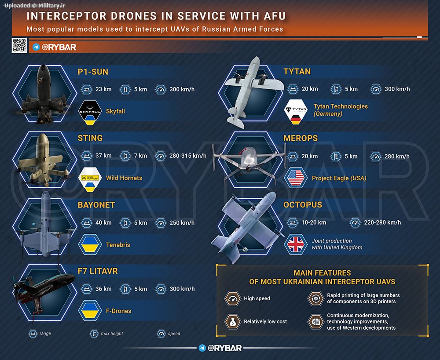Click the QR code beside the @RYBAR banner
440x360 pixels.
(x=19, y=45)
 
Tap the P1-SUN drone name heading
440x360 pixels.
(x=93, y=72)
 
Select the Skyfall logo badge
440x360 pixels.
(x=90, y=111)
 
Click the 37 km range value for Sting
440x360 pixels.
(x=103, y=156)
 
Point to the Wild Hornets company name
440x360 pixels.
(x=124, y=178)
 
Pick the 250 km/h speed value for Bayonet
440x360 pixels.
(x=182, y=222)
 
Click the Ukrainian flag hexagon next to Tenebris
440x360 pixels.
(x=90, y=244)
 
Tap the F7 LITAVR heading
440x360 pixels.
(x=98, y=271)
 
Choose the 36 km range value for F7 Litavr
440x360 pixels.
(x=103, y=289)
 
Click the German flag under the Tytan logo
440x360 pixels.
(x=296, y=120)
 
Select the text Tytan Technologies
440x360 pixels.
(x=341, y=106)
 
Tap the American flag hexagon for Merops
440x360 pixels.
(x=295, y=178)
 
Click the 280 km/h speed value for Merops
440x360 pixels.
(x=397, y=156)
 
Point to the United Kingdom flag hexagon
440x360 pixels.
(x=295, y=244)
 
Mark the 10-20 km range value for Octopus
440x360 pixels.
(x=314, y=222)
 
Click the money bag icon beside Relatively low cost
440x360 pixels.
(x=233, y=322)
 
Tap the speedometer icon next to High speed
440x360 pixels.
(x=233, y=298)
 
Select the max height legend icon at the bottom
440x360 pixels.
(x=94, y=334)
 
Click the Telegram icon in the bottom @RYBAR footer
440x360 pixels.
(x=202, y=348)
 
